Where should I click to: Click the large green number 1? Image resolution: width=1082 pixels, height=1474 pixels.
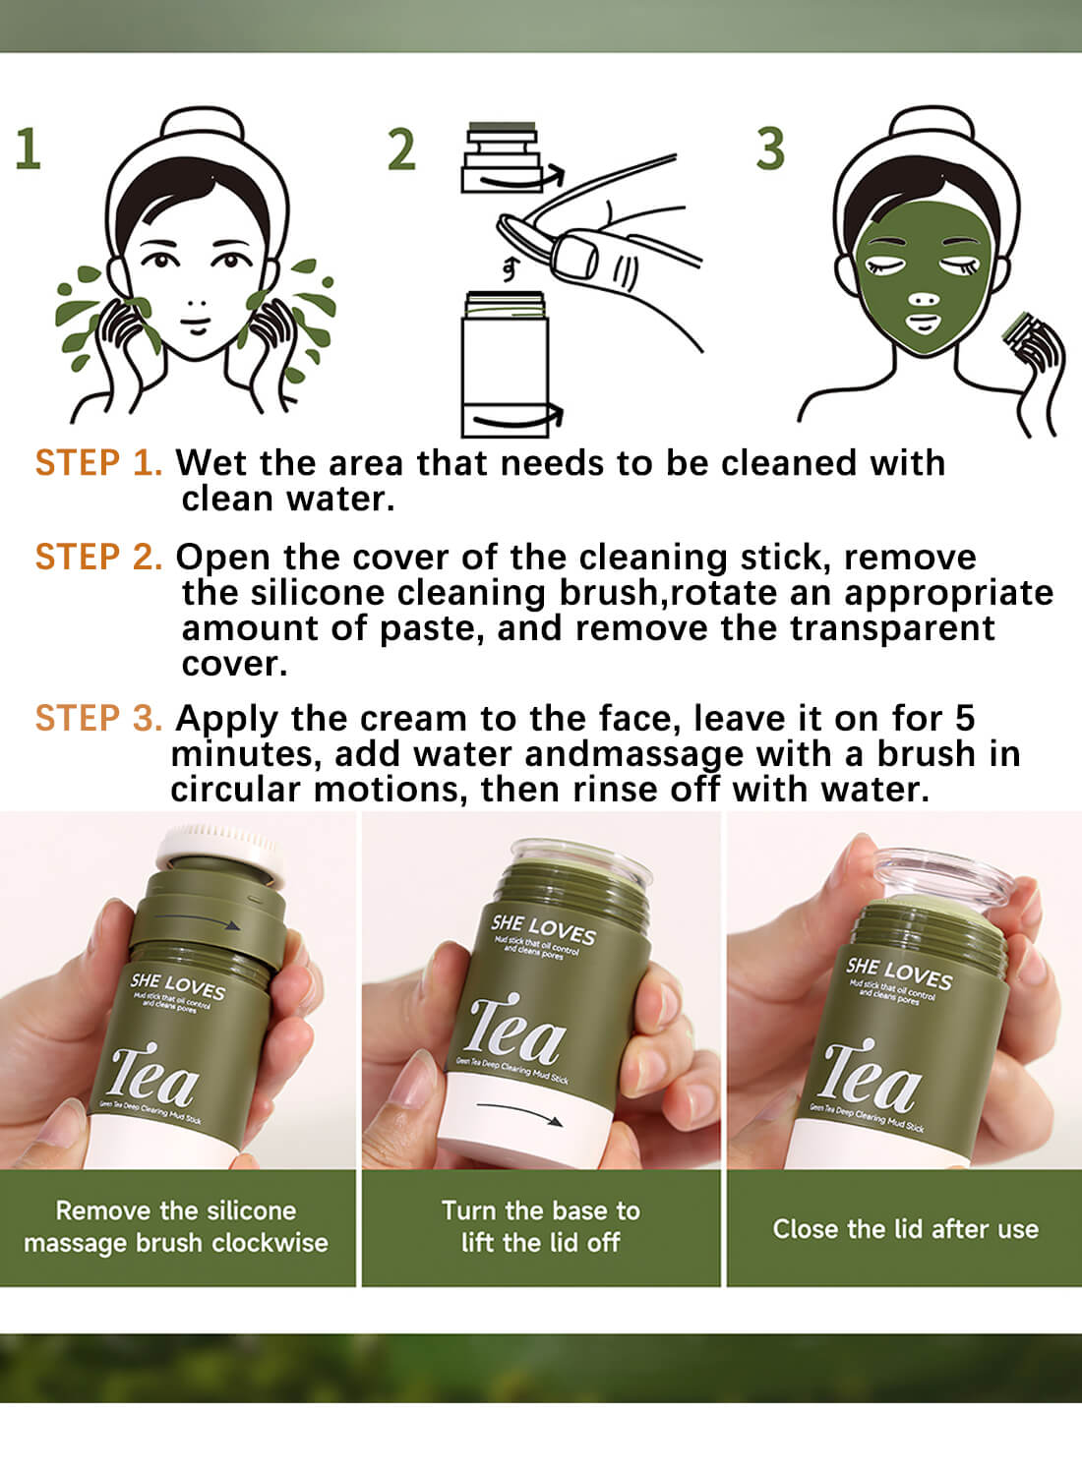coord(28,149)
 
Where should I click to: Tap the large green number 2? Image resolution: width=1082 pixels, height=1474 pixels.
coord(401,150)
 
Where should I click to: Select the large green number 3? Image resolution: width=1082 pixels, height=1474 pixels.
coord(770,149)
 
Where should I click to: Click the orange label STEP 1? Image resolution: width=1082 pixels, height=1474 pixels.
coord(98,463)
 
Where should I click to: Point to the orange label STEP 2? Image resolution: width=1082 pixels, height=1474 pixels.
coord(98,558)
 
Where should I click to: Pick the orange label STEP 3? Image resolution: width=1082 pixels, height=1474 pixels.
coord(98,719)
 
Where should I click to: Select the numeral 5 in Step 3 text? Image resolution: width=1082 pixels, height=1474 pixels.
coord(965,718)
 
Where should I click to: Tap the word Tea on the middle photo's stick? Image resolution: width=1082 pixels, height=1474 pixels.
coord(515,1032)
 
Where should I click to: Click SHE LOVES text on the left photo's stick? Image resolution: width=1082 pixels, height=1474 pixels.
coord(178,986)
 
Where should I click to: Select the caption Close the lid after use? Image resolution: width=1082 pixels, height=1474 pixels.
coord(905,1229)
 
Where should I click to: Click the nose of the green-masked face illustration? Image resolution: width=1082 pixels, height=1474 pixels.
coord(922,299)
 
